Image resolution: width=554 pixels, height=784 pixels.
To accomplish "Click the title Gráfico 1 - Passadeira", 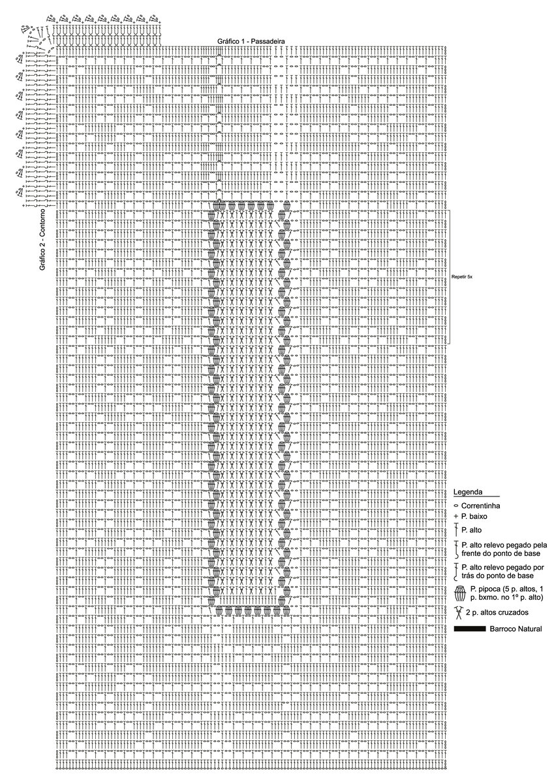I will click(x=254, y=41).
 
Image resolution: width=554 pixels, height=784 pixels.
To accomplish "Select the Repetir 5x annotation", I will click(x=462, y=277).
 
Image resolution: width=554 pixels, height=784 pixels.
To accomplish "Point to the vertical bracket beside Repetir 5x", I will click(x=450, y=277).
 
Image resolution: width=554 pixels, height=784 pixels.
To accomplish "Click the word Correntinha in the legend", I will click(x=481, y=506).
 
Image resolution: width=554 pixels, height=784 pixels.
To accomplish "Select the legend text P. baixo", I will click(x=476, y=516).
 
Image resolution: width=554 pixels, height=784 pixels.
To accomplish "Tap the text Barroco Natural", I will click(x=512, y=629).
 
